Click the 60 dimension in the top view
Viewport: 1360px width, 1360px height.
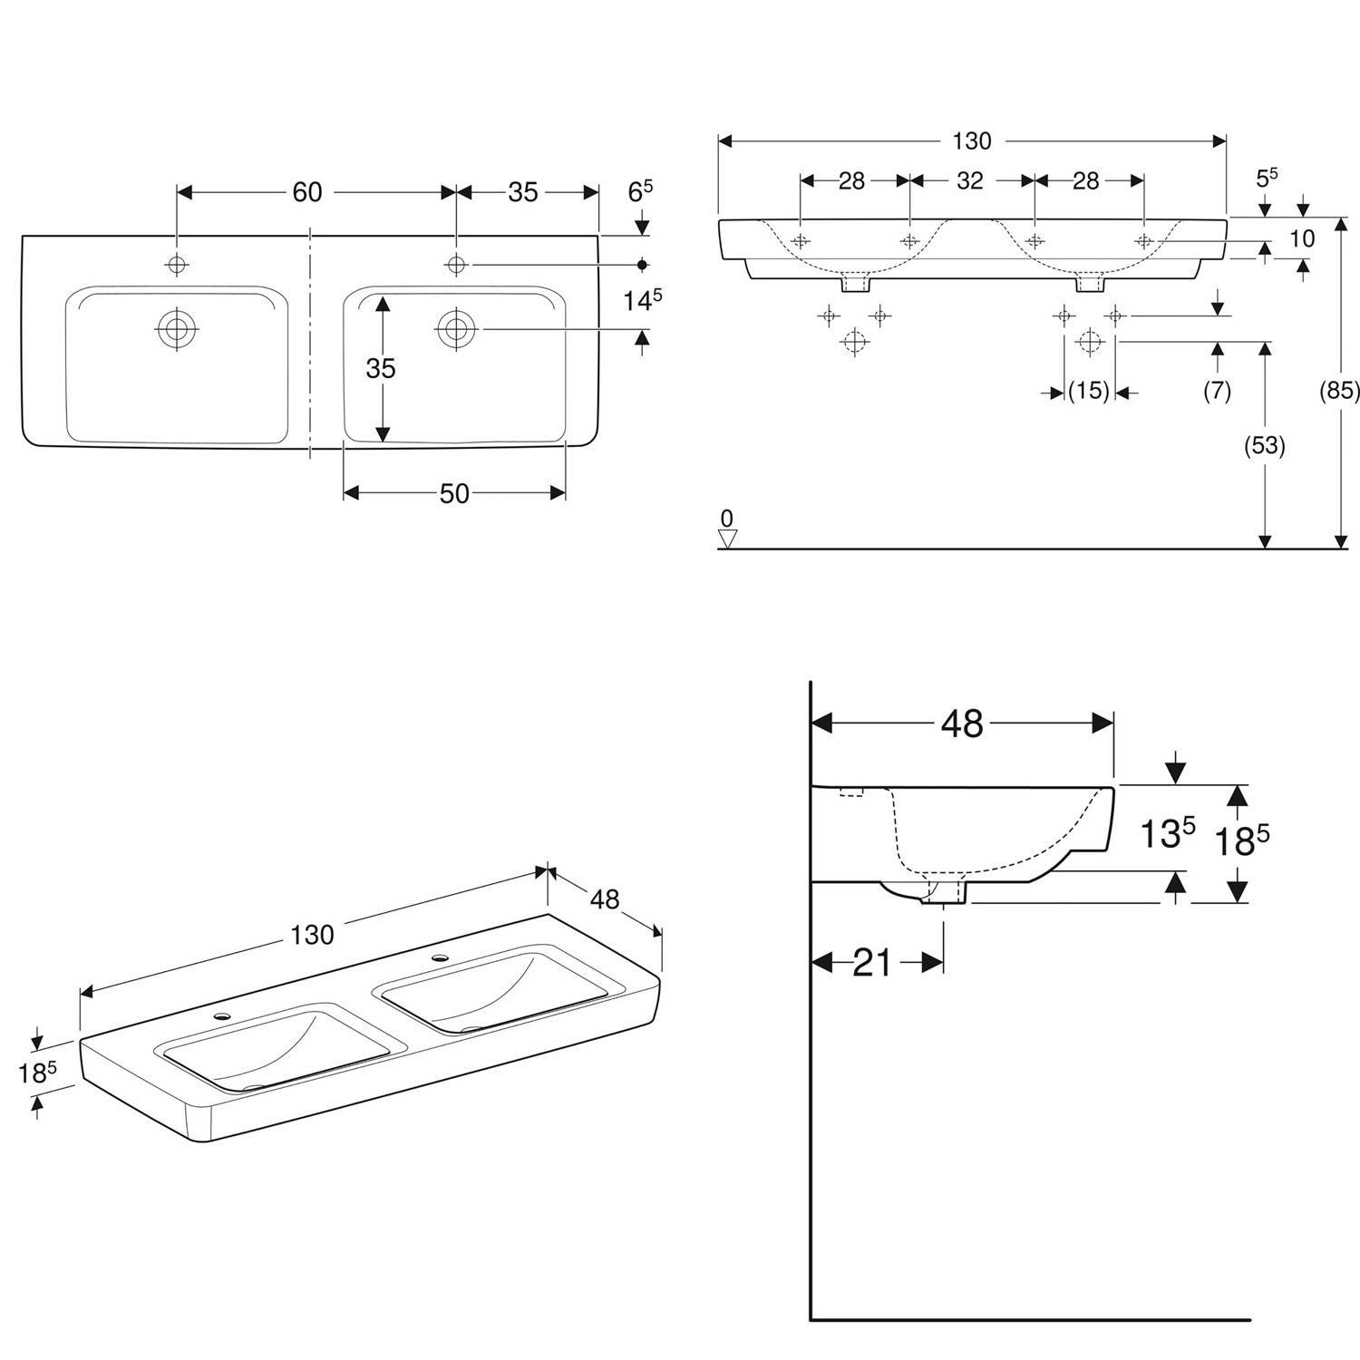click(307, 192)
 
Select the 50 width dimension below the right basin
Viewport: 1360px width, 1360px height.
click(454, 492)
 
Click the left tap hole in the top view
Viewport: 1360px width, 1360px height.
click(177, 264)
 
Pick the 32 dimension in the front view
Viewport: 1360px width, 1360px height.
click(970, 180)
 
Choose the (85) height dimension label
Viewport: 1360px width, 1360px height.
click(1340, 390)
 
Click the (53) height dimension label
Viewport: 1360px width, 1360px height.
click(1265, 445)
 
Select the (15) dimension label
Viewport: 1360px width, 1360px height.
click(1088, 391)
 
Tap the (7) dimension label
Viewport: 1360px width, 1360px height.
click(1217, 391)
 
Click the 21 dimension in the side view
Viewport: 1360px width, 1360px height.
click(873, 963)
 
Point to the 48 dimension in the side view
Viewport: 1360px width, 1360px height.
click(962, 724)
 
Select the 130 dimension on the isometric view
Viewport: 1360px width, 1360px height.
click(313, 935)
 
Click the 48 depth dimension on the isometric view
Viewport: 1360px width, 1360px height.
click(605, 899)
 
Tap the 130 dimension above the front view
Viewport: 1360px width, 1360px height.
click(971, 141)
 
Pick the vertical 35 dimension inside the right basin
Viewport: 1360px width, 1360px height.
click(381, 368)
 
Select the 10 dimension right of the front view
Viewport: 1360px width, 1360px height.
click(1301, 239)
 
